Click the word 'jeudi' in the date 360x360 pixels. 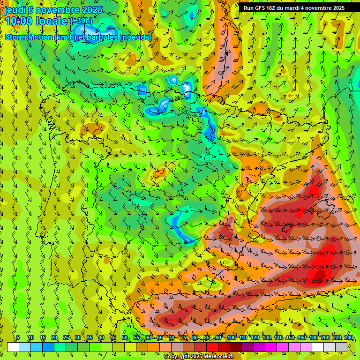15,10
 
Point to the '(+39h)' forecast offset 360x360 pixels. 81,21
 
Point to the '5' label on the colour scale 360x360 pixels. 18,337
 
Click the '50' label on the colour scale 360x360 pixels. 125,337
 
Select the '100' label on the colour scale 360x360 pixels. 232,337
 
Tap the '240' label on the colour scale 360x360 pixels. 348,337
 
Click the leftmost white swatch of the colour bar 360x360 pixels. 13,347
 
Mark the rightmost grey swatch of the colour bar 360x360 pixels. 341,347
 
